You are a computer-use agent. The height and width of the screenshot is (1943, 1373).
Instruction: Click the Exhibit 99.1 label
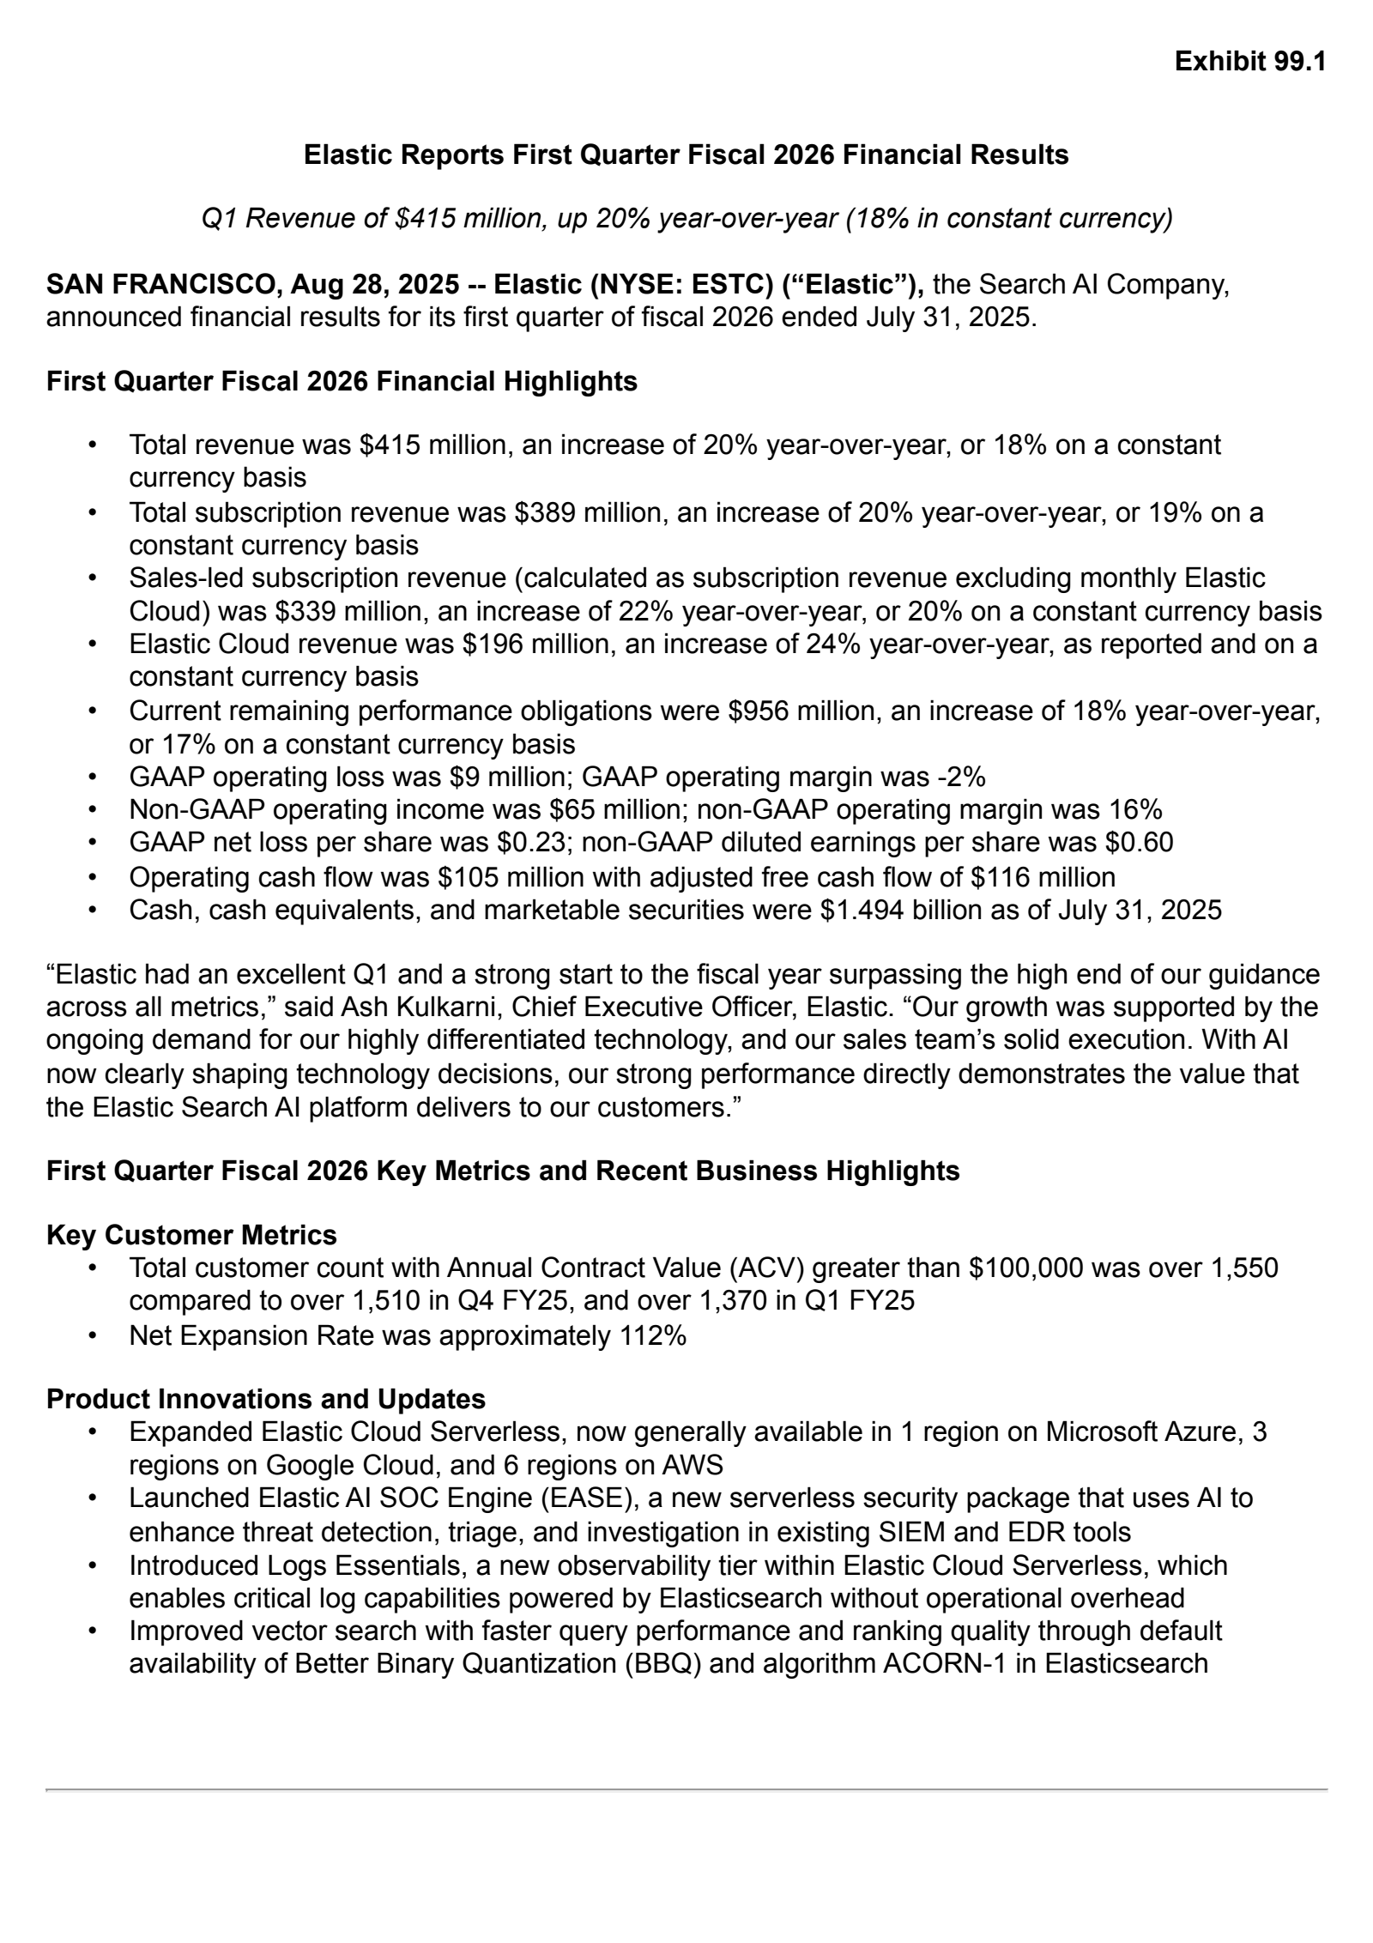(x=1249, y=62)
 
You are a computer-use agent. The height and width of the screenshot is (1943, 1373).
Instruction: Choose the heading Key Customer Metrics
(x=191, y=1235)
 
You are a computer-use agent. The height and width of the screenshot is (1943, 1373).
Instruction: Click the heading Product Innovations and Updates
(x=266, y=1399)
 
